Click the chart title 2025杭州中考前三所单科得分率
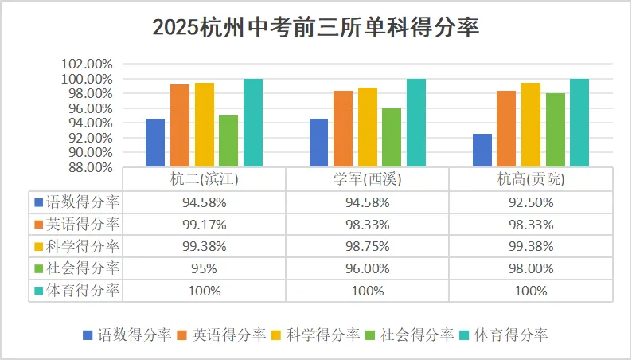pos(315,27)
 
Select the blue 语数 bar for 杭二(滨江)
pos(155,143)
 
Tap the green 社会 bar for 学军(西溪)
pos(391,137)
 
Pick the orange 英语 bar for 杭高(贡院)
pos(505,128)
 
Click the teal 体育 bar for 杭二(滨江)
pos(252,123)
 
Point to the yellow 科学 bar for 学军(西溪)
pos(367,127)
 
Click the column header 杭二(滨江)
pos(205,179)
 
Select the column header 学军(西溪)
pos(368,179)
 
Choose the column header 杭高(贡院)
pos(531,179)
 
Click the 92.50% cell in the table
pos(531,202)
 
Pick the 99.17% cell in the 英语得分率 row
pos(205,224)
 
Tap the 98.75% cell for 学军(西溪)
pos(368,246)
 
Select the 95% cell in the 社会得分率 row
pos(205,268)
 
